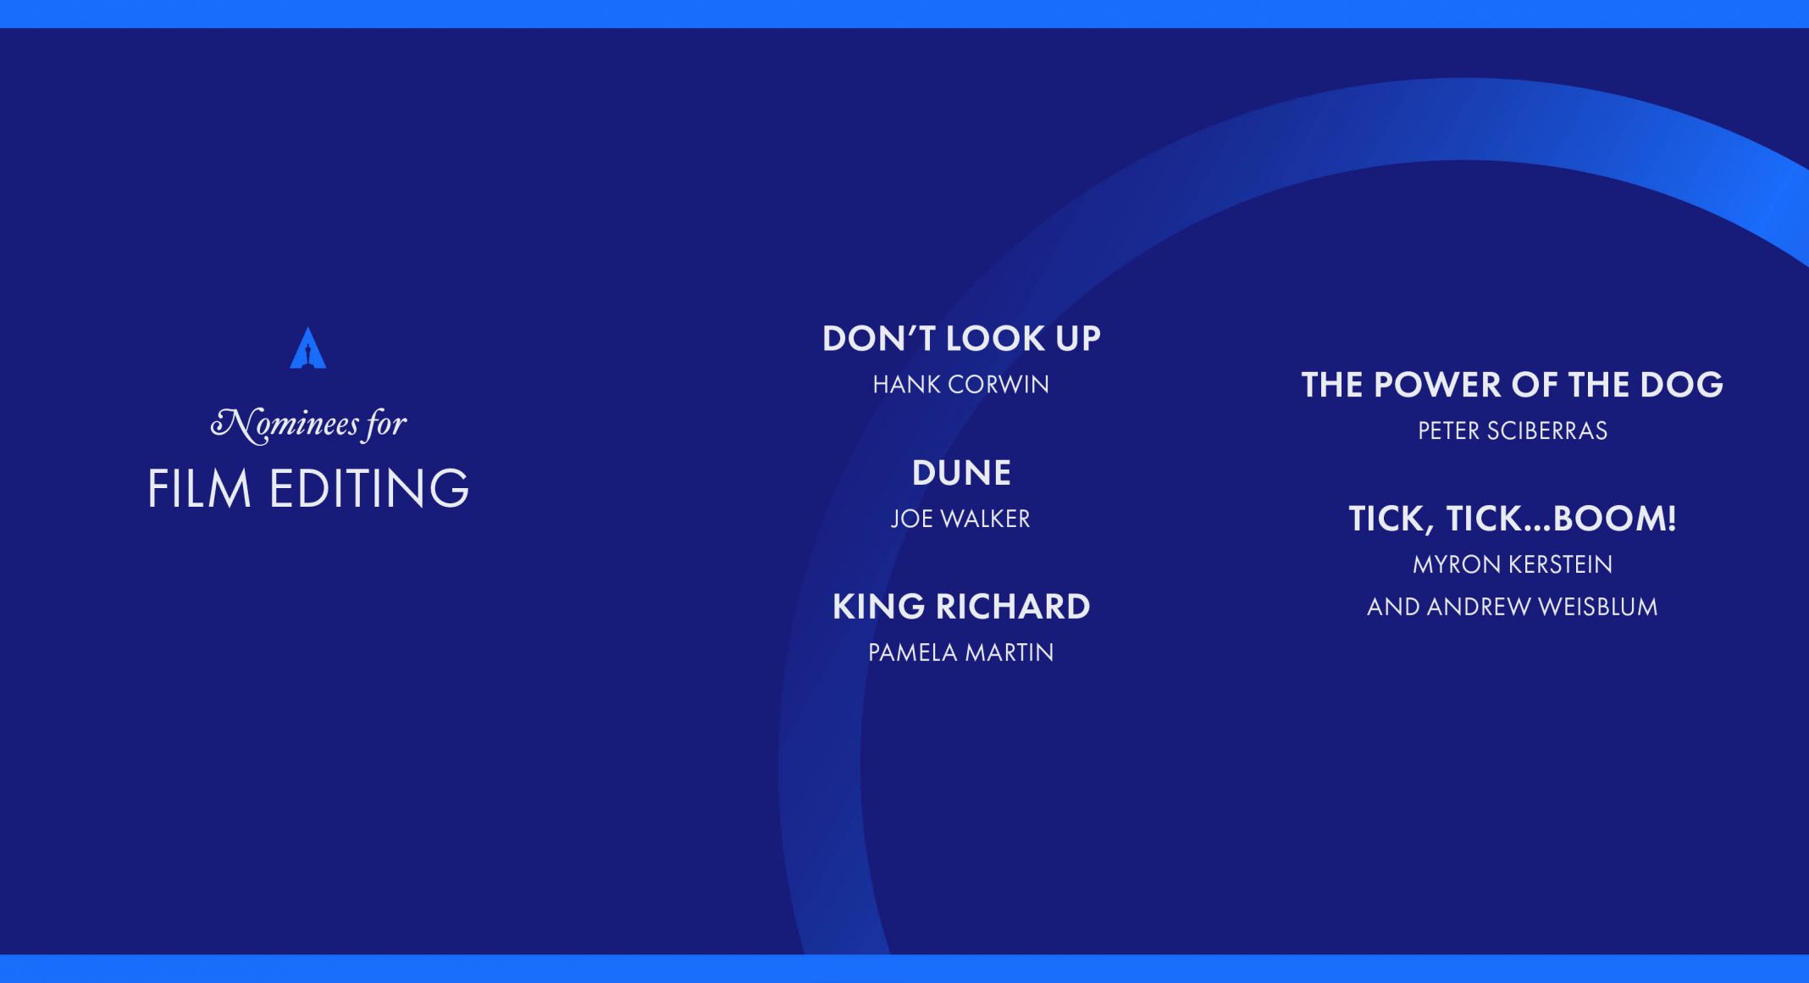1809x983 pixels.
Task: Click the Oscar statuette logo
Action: point(308,348)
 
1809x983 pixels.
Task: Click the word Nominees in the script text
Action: point(285,424)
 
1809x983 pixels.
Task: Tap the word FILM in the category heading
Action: point(200,488)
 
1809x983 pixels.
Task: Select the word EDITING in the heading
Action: point(368,488)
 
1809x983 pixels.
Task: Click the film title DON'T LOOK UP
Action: point(961,338)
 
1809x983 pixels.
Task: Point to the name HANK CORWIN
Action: point(961,385)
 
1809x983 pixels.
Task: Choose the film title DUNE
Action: point(961,473)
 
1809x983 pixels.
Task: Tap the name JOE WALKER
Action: point(960,519)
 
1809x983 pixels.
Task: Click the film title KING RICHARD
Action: point(961,607)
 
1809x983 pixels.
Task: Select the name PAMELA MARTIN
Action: point(961,653)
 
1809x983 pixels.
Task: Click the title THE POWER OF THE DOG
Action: point(1513,385)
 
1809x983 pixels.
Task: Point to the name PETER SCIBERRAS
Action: point(1513,430)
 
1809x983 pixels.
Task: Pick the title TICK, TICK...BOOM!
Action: point(1513,519)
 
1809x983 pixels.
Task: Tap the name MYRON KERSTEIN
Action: point(1513,564)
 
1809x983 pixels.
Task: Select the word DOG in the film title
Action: point(1681,385)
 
